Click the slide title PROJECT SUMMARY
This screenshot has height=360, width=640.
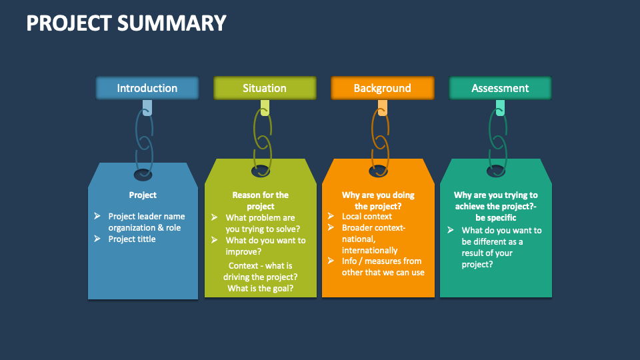tap(126, 23)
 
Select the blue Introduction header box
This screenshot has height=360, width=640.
tap(147, 88)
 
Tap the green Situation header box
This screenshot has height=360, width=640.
tap(265, 88)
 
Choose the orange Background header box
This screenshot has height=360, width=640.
tap(382, 88)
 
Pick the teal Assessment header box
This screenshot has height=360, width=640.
tap(500, 88)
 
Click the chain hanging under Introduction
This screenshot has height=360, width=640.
tap(145, 140)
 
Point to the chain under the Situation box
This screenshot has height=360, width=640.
tap(262, 140)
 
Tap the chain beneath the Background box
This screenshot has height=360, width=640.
tap(379, 140)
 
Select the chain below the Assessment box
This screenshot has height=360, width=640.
tap(497, 140)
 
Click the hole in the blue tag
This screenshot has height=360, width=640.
tap(143, 175)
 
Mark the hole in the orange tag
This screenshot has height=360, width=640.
tap(378, 171)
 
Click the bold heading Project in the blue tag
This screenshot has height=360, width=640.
tap(143, 195)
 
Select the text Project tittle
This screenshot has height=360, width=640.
tap(132, 239)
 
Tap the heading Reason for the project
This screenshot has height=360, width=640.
tap(260, 201)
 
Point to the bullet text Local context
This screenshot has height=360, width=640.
tap(367, 217)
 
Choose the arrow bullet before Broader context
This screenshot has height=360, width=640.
tap(331, 228)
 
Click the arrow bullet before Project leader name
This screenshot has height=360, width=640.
tap(97, 216)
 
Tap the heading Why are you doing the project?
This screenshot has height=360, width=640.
tap(378, 201)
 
